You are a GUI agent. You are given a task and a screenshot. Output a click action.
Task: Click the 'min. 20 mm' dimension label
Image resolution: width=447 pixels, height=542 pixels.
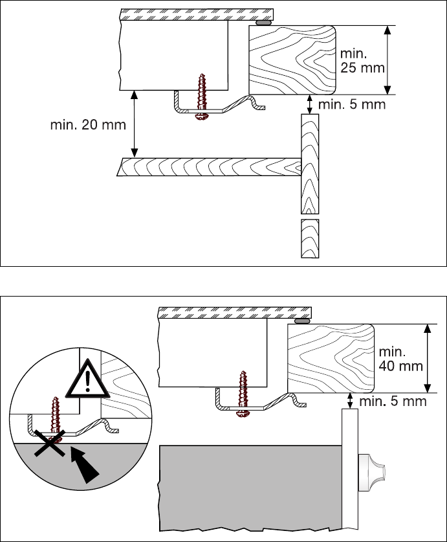pyautogui.click(x=88, y=124)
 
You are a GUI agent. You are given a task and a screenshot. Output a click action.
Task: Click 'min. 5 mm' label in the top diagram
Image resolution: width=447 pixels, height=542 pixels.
pyautogui.click(x=353, y=104)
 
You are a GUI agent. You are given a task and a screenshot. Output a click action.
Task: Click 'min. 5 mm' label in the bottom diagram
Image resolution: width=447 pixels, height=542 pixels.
pyautogui.click(x=393, y=401)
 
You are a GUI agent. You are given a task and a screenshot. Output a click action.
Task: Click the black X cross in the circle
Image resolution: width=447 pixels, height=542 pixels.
pyautogui.click(x=50, y=443)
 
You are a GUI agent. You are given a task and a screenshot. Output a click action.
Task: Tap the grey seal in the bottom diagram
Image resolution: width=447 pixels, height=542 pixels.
pyautogui.click(x=302, y=321)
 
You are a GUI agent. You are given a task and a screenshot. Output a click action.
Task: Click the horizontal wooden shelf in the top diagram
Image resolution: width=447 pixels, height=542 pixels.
pyautogui.click(x=207, y=167)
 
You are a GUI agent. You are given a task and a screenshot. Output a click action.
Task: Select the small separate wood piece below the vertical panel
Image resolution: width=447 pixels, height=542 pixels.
pyautogui.click(x=310, y=238)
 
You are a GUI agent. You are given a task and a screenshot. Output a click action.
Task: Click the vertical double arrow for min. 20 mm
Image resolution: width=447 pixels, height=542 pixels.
pyautogui.click(x=135, y=124)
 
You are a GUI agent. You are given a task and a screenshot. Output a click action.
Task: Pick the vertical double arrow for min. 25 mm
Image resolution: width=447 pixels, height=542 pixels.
pyautogui.click(x=387, y=60)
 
